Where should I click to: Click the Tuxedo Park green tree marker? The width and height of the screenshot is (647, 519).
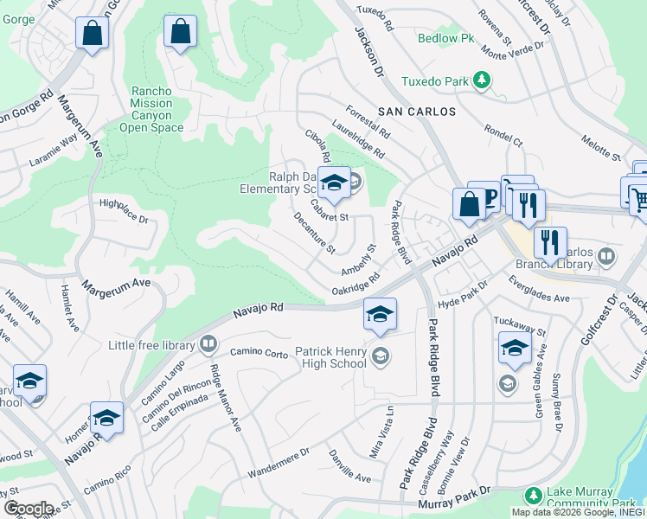point(483,82)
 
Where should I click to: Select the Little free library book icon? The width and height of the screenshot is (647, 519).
point(208,346)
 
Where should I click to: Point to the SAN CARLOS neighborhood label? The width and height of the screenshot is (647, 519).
point(411,112)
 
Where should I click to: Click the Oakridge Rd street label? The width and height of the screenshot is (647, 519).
point(356,285)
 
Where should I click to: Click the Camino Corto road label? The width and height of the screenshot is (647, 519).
point(259,353)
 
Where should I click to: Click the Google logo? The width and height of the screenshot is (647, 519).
point(29,509)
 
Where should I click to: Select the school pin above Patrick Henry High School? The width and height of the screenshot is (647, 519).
point(380,316)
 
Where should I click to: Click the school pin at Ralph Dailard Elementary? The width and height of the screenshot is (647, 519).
point(334,183)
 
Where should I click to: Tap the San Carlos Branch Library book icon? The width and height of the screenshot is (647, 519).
point(606,256)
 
